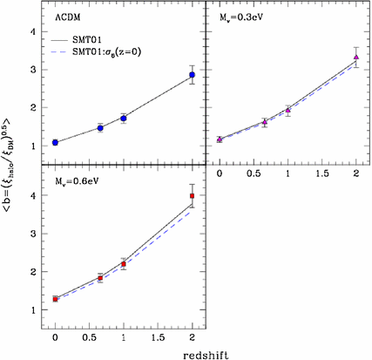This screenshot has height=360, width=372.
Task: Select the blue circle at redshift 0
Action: click(55, 142)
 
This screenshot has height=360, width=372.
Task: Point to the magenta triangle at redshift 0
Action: click(220, 139)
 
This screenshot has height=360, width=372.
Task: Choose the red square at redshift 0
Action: click(55, 299)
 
